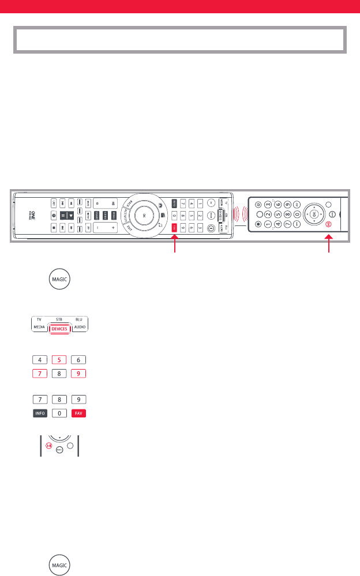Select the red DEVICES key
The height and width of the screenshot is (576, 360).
[59, 328]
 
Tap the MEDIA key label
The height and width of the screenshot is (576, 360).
[39, 328]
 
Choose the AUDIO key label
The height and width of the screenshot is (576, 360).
[80, 328]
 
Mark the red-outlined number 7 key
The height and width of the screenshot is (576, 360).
[39, 374]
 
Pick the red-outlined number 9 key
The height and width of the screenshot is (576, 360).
[80, 374]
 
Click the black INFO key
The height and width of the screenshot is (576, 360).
[39, 413]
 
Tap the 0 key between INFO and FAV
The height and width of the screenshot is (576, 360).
[59, 413]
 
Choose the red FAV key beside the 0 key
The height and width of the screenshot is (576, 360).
[80, 413]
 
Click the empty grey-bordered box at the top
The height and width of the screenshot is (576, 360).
[179, 39]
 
